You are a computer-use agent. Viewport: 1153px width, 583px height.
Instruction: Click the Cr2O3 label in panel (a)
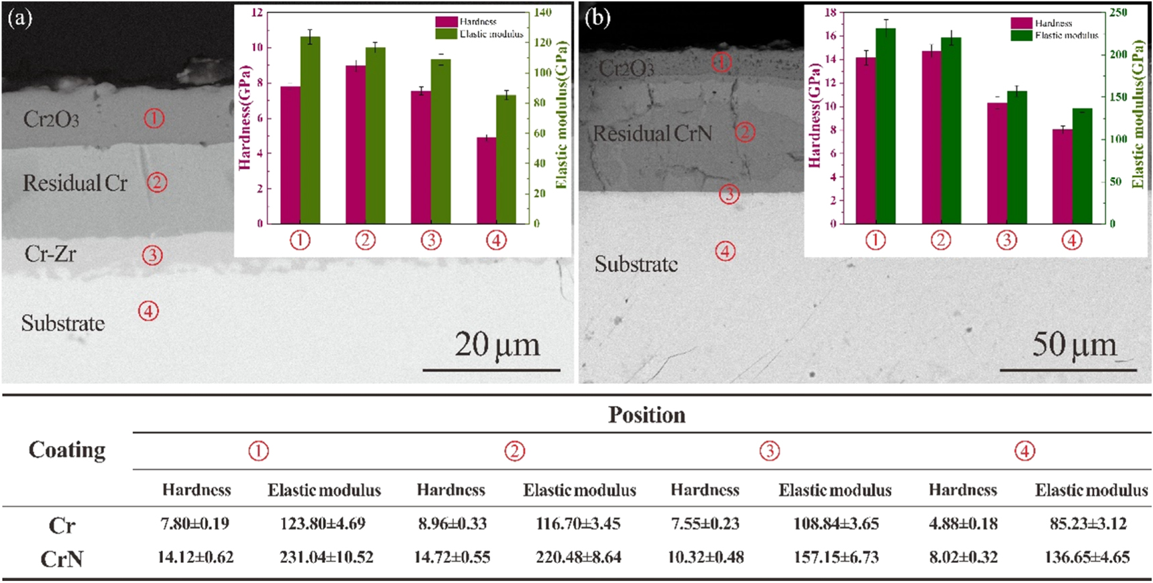pyautogui.click(x=51, y=119)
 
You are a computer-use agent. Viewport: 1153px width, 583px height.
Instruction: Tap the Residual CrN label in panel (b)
pyautogui.click(x=652, y=134)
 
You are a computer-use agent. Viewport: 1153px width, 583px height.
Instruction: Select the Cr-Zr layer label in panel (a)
pyautogui.click(x=50, y=254)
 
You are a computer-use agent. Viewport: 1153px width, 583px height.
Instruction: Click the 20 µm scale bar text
pyautogui.click(x=497, y=345)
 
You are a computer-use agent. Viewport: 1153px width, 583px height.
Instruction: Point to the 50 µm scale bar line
pyautogui.click(x=1068, y=370)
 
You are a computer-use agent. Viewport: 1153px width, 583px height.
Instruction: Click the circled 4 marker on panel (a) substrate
pyautogui.click(x=148, y=311)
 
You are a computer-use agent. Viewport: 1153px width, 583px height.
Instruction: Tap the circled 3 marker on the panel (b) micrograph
pyautogui.click(x=729, y=195)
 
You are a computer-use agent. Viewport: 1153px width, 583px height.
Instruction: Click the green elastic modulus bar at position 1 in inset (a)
pyautogui.click(x=310, y=131)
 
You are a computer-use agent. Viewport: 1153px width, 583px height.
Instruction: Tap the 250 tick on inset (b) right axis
pyautogui.click(x=1118, y=12)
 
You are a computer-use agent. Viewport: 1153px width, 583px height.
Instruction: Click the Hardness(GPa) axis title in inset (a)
pyautogui.click(x=244, y=117)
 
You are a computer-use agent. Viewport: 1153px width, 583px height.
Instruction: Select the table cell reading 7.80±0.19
pyautogui.click(x=194, y=523)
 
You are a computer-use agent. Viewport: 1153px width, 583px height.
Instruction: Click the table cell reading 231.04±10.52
pyautogui.click(x=326, y=557)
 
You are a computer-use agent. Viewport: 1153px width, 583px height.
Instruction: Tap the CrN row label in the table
pyautogui.click(x=62, y=558)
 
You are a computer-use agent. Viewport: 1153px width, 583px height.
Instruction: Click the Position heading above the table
pyautogui.click(x=646, y=415)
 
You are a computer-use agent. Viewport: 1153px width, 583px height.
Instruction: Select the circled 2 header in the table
pyautogui.click(x=514, y=451)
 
